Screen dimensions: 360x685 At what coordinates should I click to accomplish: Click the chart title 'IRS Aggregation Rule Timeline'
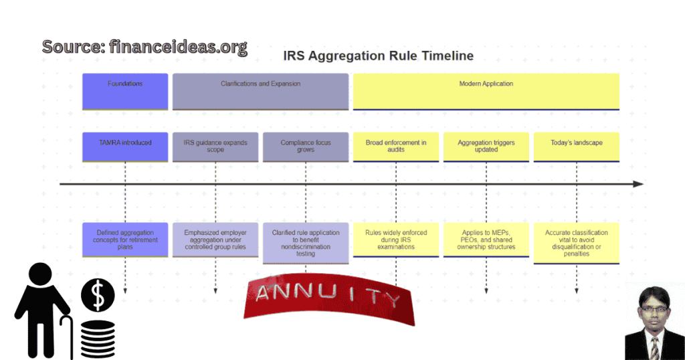(x=378, y=56)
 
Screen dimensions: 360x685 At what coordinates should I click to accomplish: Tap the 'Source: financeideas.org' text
(x=144, y=47)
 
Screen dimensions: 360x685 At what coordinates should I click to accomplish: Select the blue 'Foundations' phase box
(x=125, y=92)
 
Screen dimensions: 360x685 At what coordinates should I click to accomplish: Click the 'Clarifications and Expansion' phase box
(x=260, y=92)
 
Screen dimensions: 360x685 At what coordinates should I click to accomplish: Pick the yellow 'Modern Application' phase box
(x=486, y=92)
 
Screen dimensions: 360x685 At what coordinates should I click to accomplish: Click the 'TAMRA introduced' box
(x=125, y=147)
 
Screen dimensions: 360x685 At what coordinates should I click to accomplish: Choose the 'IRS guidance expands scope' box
(x=215, y=147)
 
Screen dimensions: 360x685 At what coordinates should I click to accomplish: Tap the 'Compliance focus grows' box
(x=306, y=147)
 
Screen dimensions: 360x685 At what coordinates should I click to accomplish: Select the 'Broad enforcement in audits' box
(x=396, y=147)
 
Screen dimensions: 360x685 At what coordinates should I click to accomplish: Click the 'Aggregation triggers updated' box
(x=486, y=147)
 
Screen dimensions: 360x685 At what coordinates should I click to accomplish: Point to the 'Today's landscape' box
(x=576, y=147)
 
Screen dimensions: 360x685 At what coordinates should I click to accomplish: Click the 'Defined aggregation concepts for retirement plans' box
(x=125, y=240)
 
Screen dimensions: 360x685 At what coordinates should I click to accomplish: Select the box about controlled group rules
(x=215, y=240)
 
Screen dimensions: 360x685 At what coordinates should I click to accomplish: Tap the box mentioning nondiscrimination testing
(x=306, y=242)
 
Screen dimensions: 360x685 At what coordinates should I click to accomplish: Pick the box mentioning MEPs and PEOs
(x=486, y=240)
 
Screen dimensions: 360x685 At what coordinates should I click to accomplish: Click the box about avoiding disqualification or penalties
(x=576, y=242)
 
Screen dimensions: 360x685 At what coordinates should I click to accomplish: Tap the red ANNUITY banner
(x=329, y=298)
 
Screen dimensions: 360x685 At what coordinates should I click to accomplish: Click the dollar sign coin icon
(x=98, y=295)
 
